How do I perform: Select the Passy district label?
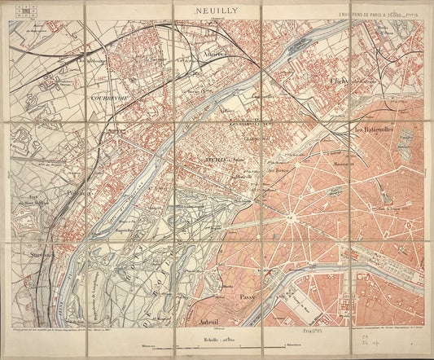point(248,297)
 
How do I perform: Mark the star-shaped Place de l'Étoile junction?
point(289,218)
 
